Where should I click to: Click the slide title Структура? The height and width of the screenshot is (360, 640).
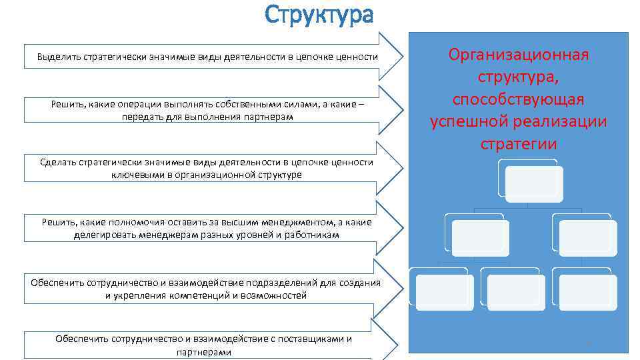(x=319, y=14)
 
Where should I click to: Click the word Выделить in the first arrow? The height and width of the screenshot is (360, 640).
(x=59, y=57)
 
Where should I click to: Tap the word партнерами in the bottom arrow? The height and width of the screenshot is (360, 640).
(x=205, y=351)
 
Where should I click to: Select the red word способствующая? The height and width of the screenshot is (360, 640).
(x=518, y=99)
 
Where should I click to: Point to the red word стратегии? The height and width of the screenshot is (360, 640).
(x=518, y=145)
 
